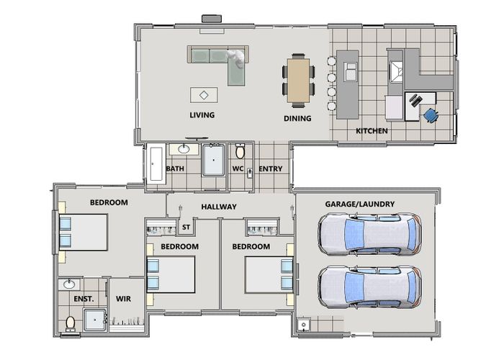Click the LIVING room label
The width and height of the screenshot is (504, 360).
[x=202, y=114]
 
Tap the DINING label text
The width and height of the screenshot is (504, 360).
[x=297, y=118]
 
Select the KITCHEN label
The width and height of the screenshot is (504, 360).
[x=372, y=131]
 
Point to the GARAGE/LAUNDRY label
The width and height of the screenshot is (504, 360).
[x=360, y=204]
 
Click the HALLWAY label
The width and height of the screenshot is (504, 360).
[x=219, y=207]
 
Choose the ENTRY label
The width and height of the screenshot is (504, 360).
[x=270, y=168]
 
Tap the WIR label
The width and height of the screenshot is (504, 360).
[x=123, y=299]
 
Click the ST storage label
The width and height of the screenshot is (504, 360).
[x=186, y=228]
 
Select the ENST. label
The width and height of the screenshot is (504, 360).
[x=84, y=299]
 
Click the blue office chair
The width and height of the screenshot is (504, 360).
[x=431, y=115]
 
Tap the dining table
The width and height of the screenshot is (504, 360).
[x=299, y=81]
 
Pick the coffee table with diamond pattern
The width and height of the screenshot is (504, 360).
[x=204, y=95]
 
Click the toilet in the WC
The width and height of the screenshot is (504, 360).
[x=240, y=151]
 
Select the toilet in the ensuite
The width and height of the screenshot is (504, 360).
[x=70, y=323]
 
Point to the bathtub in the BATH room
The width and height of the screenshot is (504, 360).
[x=156, y=164]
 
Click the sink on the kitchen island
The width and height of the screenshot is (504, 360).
[x=351, y=72]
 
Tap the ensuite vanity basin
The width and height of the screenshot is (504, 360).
[x=69, y=284]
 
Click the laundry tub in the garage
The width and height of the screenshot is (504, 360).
[x=303, y=325]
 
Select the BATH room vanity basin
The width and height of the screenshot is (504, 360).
[x=184, y=149]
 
